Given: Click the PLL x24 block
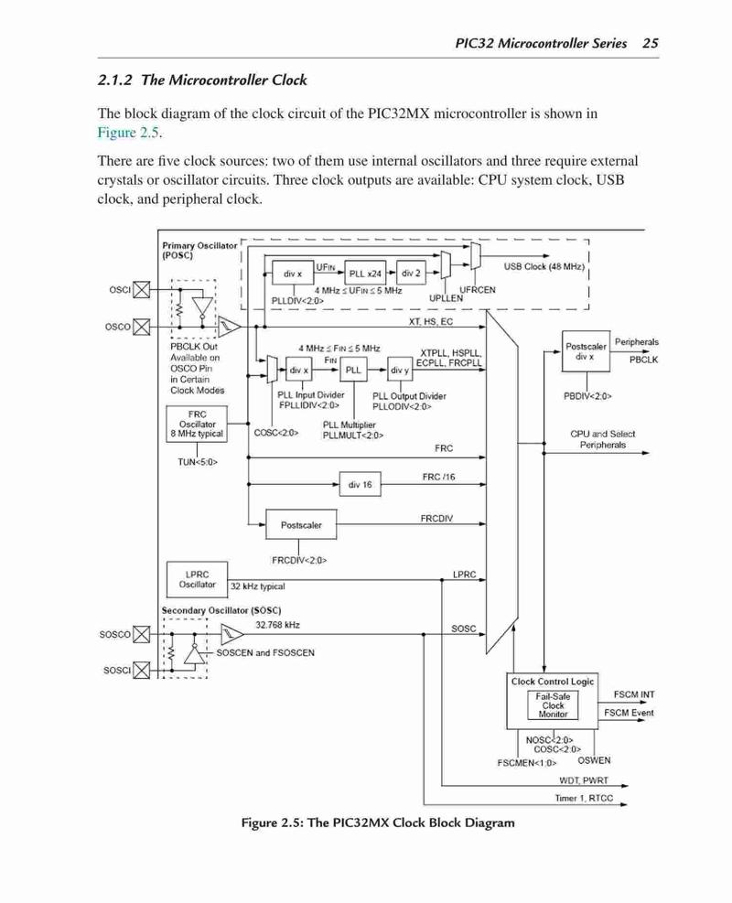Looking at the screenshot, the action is click(x=365, y=273).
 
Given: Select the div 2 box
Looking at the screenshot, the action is click(x=411, y=273).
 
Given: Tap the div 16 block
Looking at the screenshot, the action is click(x=360, y=484).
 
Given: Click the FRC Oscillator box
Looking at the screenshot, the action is click(x=197, y=424).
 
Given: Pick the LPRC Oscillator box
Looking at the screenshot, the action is click(x=197, y=579).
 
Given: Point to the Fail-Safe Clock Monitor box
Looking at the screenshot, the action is click(x=553, y=704).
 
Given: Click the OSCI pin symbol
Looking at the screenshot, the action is click(x=142, y=290).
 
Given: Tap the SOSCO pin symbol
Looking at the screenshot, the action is click(x=142, y=635).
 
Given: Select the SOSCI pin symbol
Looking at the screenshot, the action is click(x=142, y=671).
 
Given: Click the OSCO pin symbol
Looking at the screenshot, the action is click(x=142, y=328).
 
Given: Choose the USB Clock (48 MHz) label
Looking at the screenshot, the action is click(x=544, y=266).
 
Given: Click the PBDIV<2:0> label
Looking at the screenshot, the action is click(x=587, y=396).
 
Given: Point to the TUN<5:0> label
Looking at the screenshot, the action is click(x=198, y=462).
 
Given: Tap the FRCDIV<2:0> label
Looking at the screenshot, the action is click(x=299, y=560).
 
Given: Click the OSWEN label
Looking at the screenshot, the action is click(x=594, y=760).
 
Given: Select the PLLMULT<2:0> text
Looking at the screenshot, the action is click(x=353, y=435).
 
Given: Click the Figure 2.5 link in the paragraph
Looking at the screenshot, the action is click(x=128, y=133).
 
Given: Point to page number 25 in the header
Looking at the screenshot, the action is click(x=651, y=43).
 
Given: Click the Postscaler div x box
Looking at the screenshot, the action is click(x=585, y=351).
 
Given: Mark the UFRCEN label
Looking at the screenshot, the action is click(x=477, y=290).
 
